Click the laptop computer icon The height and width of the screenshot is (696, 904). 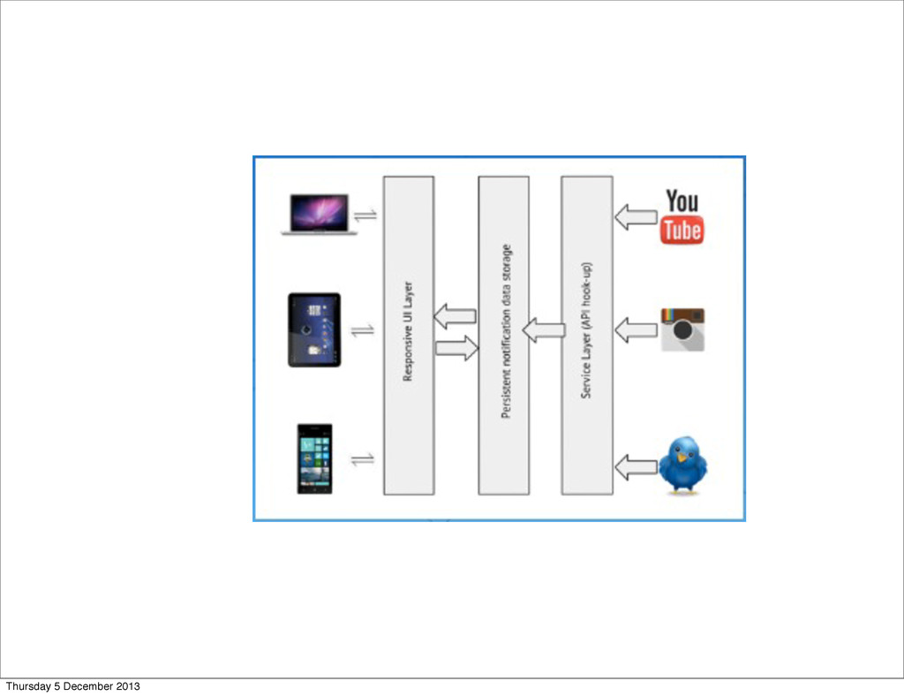[320, 214]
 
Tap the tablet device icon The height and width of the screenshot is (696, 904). [314, 330]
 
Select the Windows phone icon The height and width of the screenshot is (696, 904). [314, 458]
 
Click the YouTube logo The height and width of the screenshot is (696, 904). [682, 216]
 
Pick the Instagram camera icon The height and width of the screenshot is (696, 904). [682, 329]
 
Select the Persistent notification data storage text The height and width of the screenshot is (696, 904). [505, 331]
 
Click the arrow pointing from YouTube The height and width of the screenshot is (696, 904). [636, 216]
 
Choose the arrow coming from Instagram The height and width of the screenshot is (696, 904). [636, 330]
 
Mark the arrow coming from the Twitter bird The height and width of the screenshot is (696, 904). [636, 466]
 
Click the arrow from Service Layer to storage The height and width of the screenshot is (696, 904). [544, 331]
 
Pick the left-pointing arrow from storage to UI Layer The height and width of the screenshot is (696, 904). [455, 315]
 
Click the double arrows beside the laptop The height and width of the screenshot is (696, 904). [365, 215]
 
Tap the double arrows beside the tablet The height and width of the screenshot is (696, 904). [364, 330]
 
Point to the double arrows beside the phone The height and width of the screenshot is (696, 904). [363, 459]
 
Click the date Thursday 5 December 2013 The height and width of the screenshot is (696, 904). [72, 686]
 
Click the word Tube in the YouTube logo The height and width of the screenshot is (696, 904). [682, 231]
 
